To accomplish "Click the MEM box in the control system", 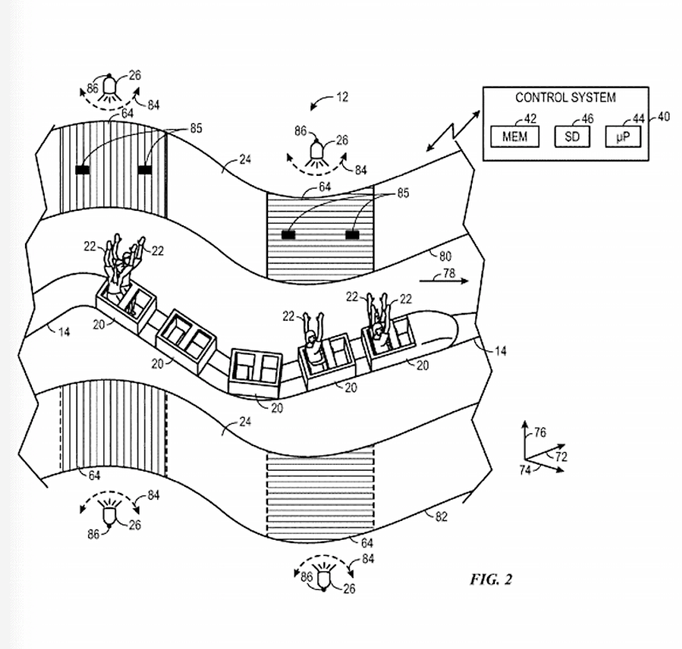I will [514, 136].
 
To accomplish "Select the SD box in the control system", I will [572, 136].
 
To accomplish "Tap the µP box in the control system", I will [624, 136].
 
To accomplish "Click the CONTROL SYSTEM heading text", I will [565, 97].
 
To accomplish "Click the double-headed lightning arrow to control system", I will [452, 129].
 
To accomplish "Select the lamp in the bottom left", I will [110, 514].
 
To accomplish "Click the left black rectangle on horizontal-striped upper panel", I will [287, 235].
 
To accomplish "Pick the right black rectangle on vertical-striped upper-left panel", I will [145, 169].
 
